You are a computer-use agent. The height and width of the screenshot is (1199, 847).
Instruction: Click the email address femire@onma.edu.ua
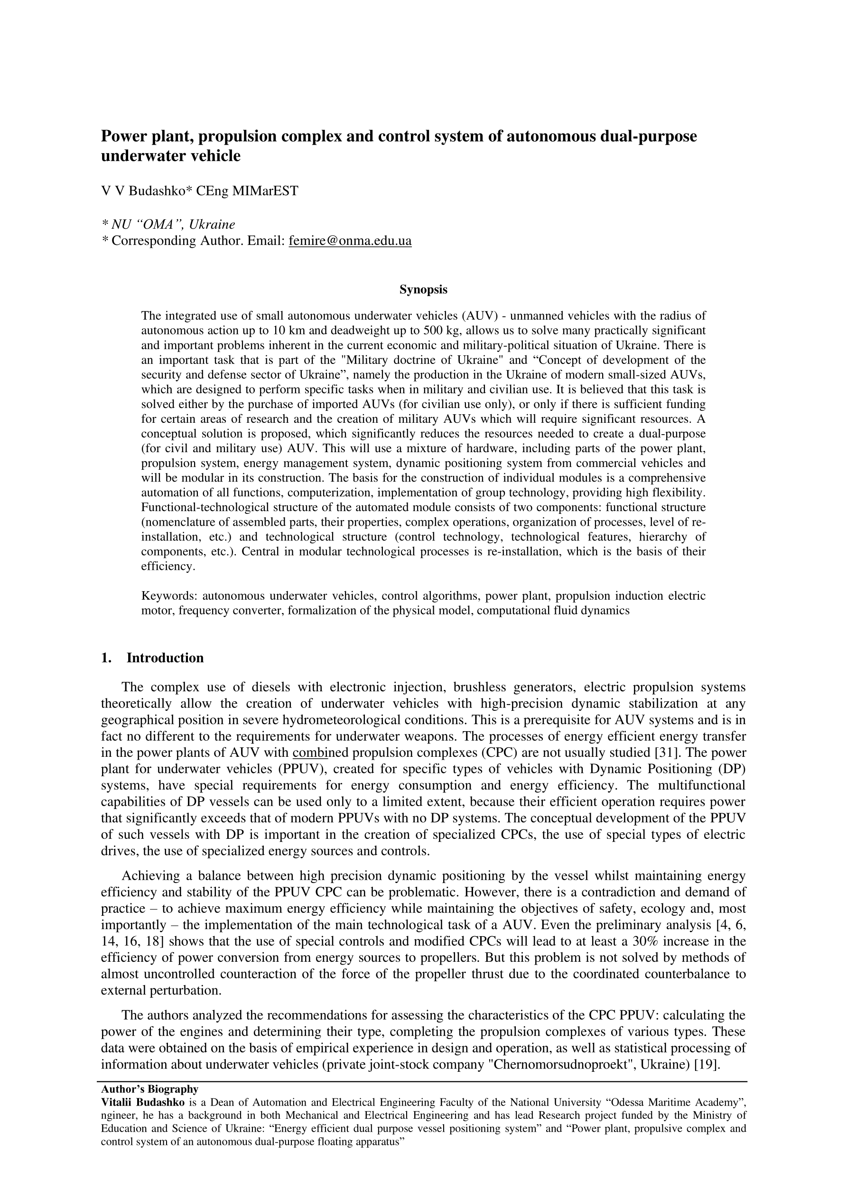click(350, 241)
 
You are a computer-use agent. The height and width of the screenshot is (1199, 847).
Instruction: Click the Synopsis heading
click(423, 289)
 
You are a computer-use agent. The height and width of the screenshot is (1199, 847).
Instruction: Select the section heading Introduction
click(165, 658)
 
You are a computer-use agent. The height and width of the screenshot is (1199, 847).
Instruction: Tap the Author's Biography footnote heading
click(149, 1089)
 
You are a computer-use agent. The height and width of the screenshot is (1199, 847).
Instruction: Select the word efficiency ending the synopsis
click(168, 566)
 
